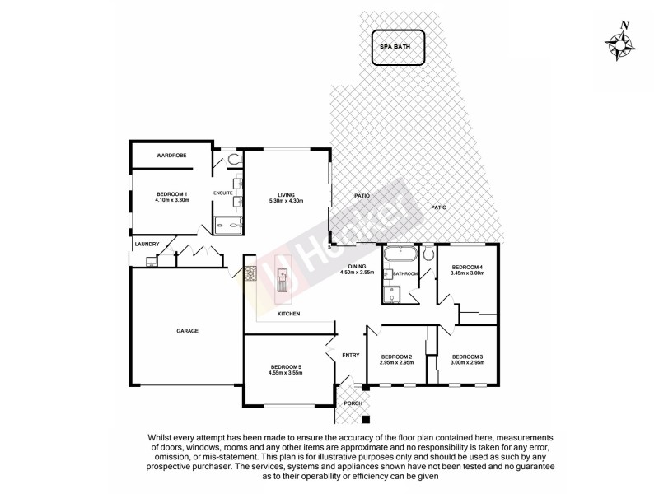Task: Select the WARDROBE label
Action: pos(171,155)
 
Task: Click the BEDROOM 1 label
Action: pos(171,193)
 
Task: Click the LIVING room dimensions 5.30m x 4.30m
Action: pos(286,201)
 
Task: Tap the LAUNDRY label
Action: pos(147,244)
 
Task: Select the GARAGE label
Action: pos(187,331)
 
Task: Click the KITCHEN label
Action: pos(288,315)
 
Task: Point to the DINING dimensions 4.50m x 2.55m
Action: pos(357,273)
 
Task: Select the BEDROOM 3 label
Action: pos(466,356)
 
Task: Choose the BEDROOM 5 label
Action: pos(286,366)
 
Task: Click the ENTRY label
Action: pos(351,355)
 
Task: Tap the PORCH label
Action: pos(353,403)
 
